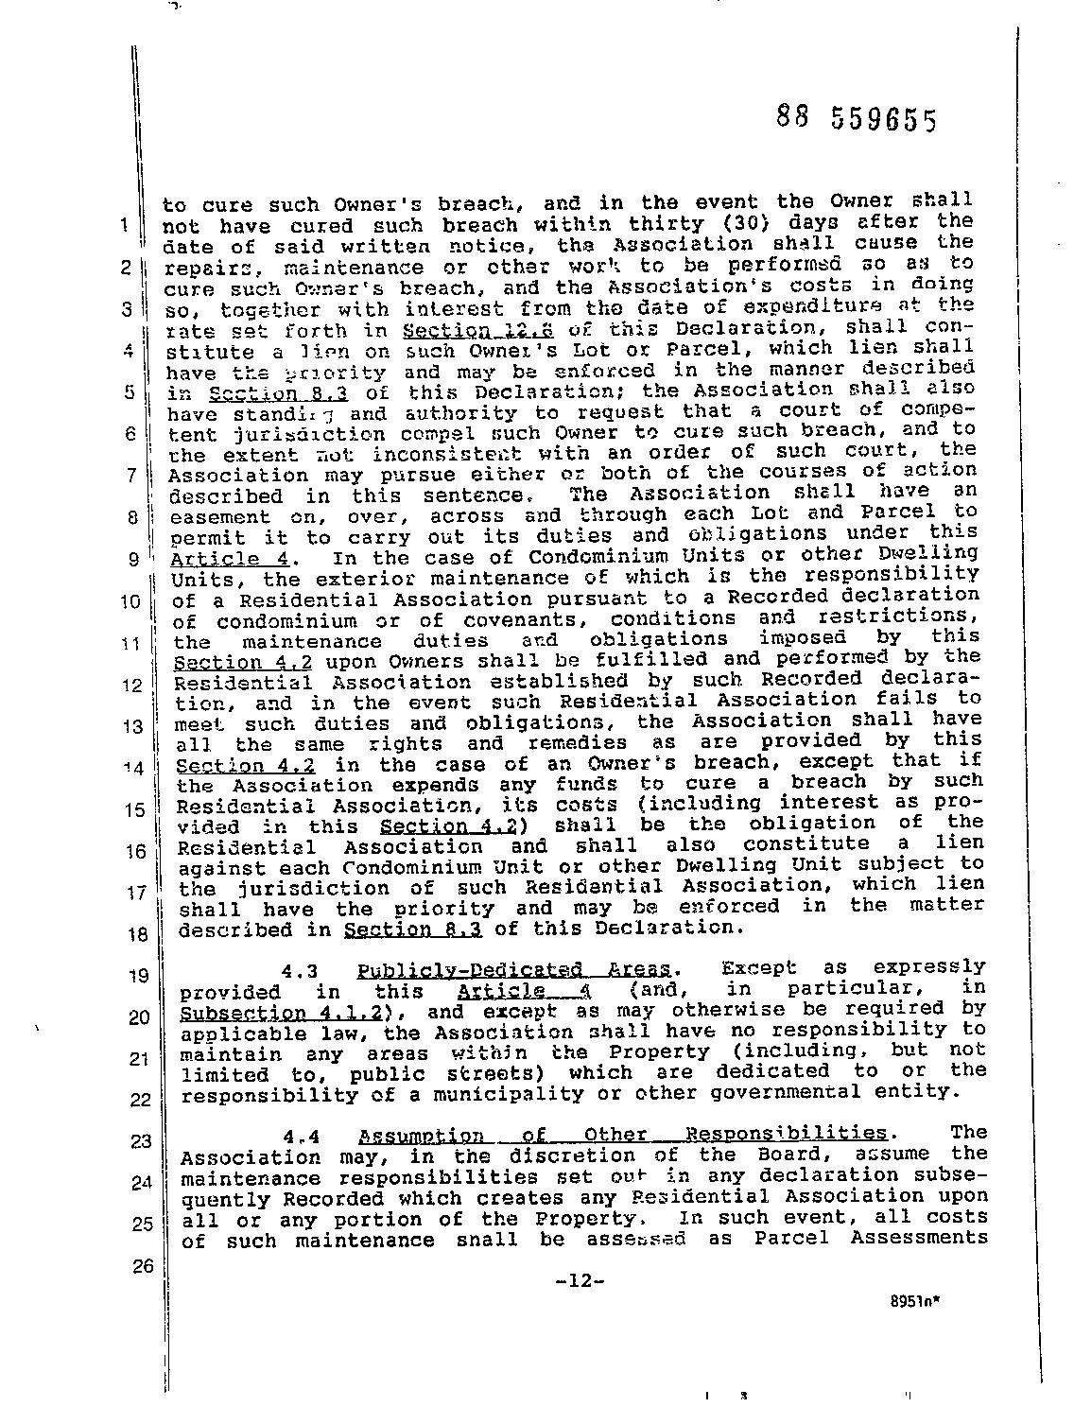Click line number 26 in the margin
click(x=141, y=1267)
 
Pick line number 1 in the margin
click(x=125, y=225)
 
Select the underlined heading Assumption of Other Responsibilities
click(x=623, y=1135)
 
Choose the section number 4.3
click(x=298, y=971)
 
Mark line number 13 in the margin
click(x=136, y=726)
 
